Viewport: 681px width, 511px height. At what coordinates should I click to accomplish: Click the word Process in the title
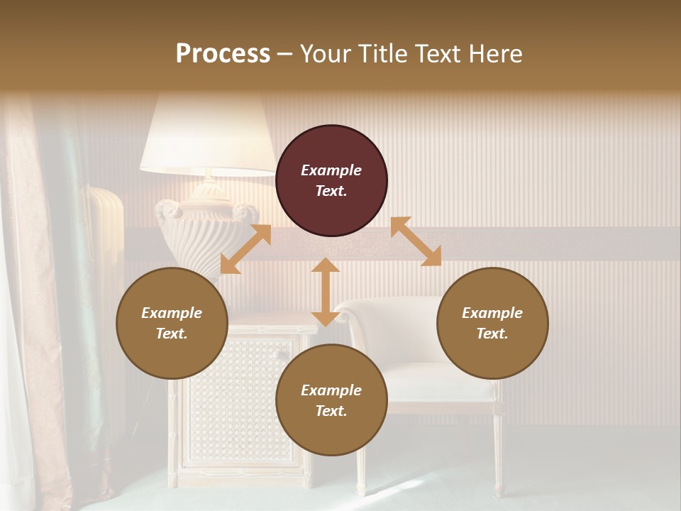(x=223, y=54)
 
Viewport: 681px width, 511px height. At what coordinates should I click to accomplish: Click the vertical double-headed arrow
(x=326, y=292)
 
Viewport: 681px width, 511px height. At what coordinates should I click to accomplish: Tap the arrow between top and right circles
(x=416, y=241)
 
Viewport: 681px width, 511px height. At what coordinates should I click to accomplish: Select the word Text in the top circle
(x=331, y=191)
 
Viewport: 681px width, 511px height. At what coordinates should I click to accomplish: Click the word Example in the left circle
(x=172, y=313)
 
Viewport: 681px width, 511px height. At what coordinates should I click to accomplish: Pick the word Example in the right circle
(x=492, y=313)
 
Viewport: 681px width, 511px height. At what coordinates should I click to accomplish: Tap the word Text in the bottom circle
(x=331, y=411)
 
